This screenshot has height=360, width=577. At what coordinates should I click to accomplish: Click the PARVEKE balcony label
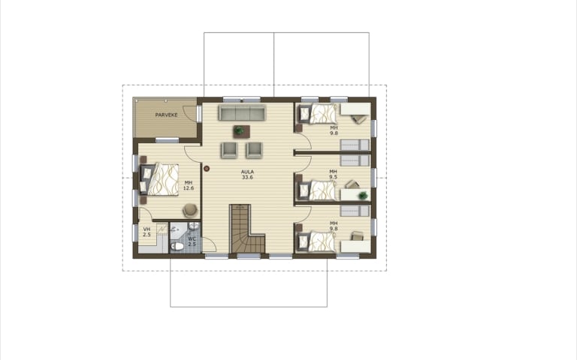166,115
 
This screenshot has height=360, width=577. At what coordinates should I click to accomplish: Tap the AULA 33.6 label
247,175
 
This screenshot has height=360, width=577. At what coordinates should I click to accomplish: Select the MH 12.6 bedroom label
189,185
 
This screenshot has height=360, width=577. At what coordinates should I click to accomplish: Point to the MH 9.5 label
333,174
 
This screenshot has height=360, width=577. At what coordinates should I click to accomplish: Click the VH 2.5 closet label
147,232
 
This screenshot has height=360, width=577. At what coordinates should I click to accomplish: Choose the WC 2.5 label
192,241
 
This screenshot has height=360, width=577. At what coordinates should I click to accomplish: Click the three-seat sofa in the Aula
242,112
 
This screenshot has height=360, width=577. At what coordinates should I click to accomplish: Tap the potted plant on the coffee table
239,130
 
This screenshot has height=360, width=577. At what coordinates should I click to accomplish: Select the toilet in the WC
177,246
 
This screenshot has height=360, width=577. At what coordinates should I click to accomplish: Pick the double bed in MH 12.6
160,179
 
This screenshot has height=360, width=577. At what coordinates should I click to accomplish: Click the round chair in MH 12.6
190,210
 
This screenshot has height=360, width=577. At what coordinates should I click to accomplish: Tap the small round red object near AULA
207,169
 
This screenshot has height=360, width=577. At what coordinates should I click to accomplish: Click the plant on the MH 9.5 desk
363,195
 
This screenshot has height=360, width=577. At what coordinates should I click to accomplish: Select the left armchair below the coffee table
229,150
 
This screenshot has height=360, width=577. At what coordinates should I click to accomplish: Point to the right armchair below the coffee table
254,150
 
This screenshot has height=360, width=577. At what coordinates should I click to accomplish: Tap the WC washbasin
194,226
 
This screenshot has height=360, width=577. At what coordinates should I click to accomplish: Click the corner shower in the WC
178,230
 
